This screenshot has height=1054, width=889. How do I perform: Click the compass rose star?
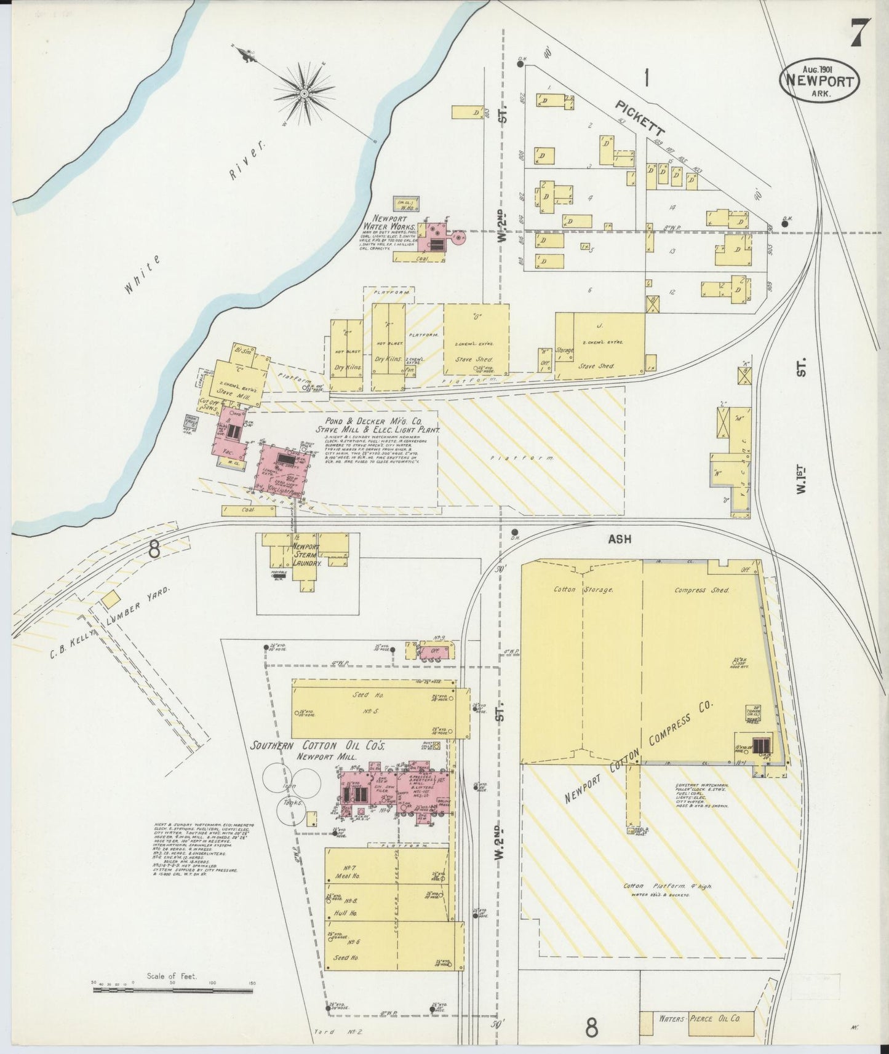point(303,93)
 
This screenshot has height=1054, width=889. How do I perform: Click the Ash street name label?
point(620,539)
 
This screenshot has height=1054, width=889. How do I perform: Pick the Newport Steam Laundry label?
point(305,555)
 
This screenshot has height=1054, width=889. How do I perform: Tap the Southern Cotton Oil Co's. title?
point(317,745)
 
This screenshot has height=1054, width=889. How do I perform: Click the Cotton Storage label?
point(583,590)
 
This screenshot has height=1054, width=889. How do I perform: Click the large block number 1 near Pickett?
point(647,77)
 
